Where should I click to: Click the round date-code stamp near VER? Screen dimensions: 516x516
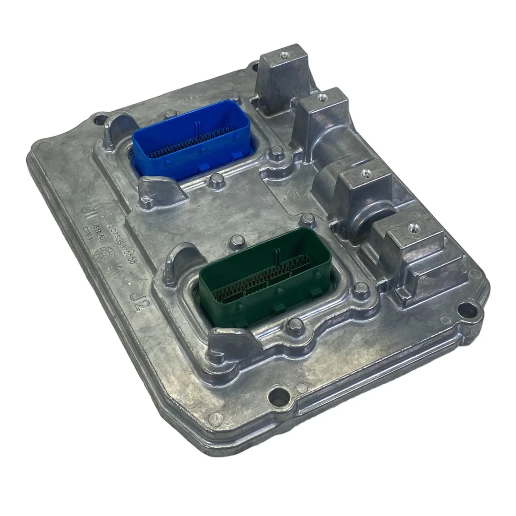(x=103, y=253)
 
